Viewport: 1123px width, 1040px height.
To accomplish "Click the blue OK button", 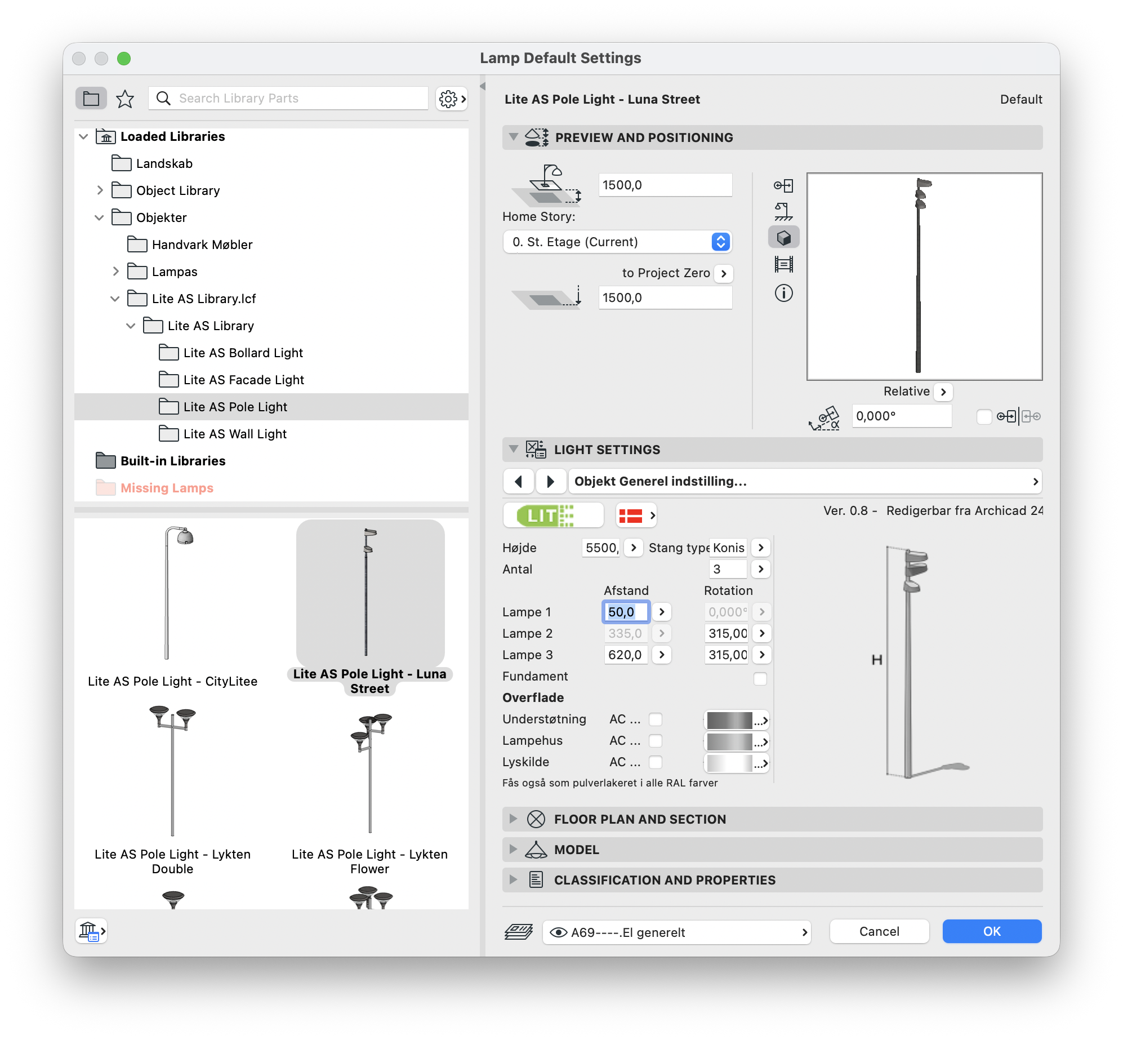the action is [x=992, y=931].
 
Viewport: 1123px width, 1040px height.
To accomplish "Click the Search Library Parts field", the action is [x=288, y=98].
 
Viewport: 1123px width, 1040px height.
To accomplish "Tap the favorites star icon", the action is [x=125, y=99].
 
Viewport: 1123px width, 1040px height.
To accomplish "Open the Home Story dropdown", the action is [x=617, y=242].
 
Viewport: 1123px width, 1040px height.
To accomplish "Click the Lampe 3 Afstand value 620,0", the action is [x=625, y=655].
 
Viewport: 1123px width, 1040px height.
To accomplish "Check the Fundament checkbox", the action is [x=760, y=679].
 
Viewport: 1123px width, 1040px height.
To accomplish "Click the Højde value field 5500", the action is [x=602, y=548].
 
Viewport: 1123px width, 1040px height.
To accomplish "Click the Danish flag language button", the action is [x=636, y=515].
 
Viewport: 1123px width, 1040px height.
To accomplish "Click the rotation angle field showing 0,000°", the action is [x=901, y=416].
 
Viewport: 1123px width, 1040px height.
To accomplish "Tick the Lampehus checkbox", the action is [x=656, y=741].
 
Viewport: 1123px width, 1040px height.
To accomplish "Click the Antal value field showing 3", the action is [x=728, y=569].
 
